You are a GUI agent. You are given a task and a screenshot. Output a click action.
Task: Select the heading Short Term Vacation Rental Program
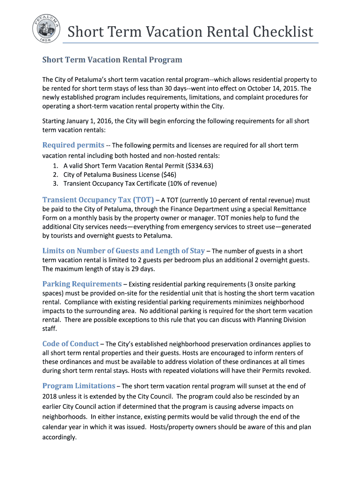(112, 60)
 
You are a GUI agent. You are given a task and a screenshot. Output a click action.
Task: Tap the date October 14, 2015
(269, 88)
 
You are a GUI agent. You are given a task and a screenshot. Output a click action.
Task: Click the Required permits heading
(73, 145)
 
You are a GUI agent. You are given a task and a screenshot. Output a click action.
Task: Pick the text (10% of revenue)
(190, 183)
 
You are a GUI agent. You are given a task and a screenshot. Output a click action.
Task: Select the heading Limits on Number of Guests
(123, 251)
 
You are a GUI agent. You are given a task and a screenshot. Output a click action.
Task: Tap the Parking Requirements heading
(82, 284)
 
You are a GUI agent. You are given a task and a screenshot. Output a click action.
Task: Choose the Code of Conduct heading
(70, 343)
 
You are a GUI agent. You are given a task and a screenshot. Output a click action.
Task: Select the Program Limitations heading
(79, 386)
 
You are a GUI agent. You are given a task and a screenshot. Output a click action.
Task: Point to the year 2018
(51, 396)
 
